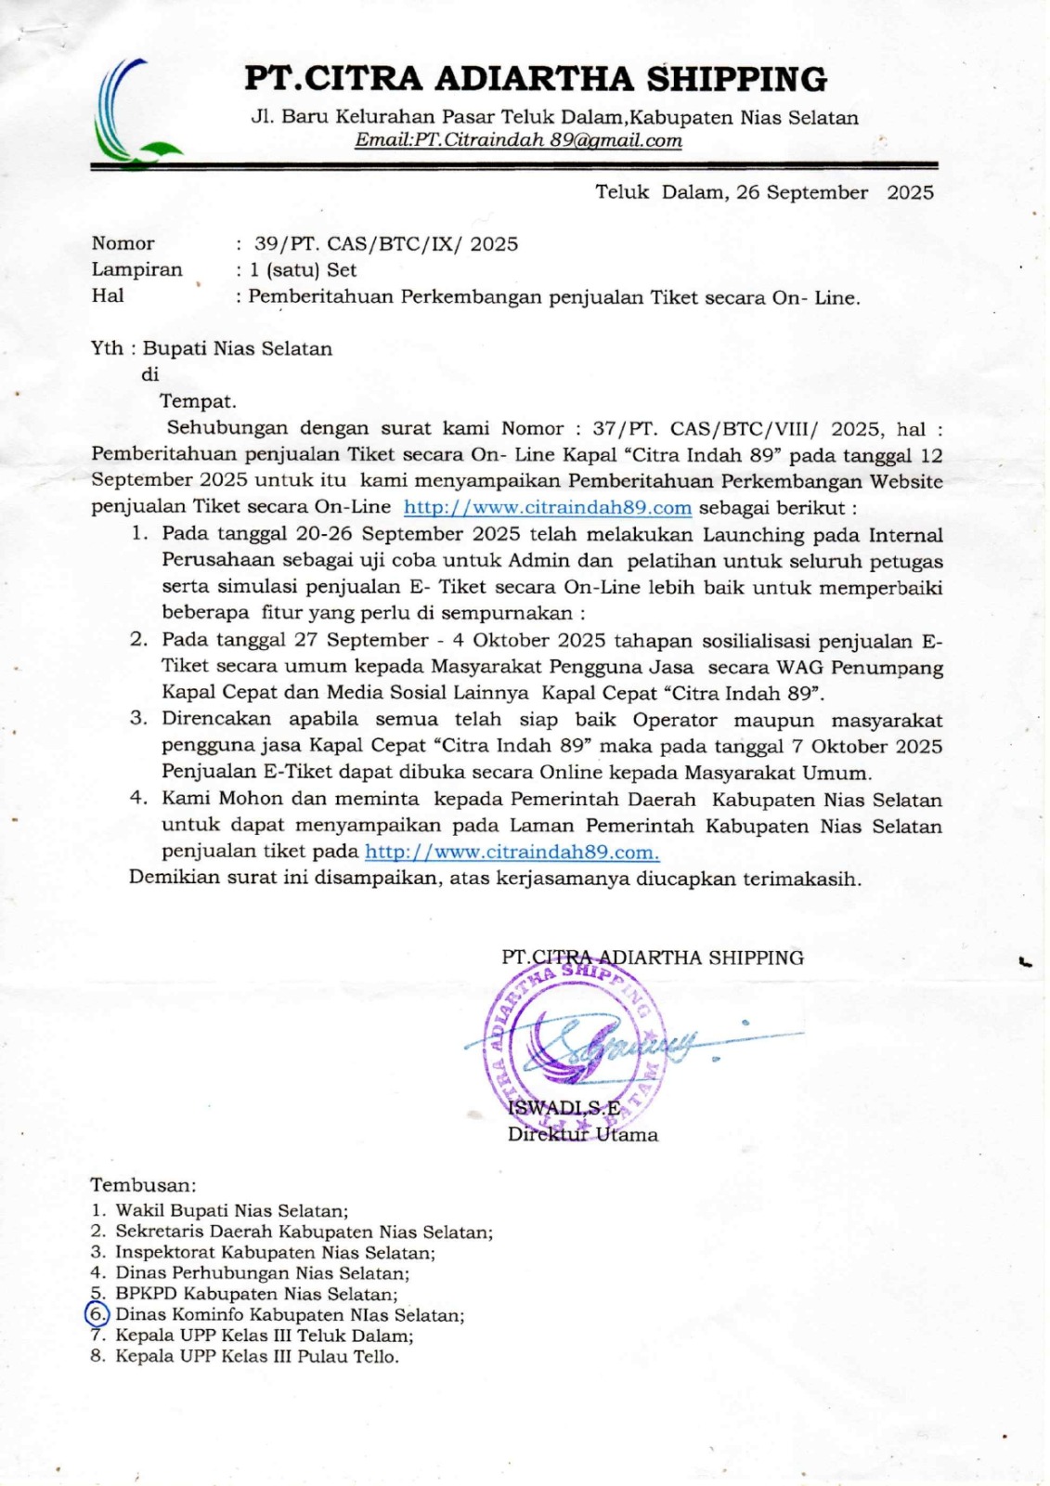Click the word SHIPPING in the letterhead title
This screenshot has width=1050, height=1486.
(x=736, y=80)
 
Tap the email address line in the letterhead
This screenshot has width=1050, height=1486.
(x=518, y=141)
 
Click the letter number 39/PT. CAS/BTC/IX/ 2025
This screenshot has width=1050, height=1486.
(x=386, y=244)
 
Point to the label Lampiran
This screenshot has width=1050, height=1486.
(x=136, y=270)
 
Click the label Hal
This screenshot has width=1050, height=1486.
(x=108, y=296)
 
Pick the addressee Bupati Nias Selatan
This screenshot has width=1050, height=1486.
(x=237, y=349)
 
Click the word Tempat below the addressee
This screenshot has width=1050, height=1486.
(x=198, y=401)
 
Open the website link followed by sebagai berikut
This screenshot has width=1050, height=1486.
(x=548, y=508)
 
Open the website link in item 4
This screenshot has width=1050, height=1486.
(x=512, y=852)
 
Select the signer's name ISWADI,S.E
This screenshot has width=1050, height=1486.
(x=564, y=1107)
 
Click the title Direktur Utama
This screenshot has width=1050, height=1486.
(x=582, y=1135)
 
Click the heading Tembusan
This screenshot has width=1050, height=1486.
(x=143, y=1185)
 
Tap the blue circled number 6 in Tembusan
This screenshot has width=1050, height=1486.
(x=97, y=1314)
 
